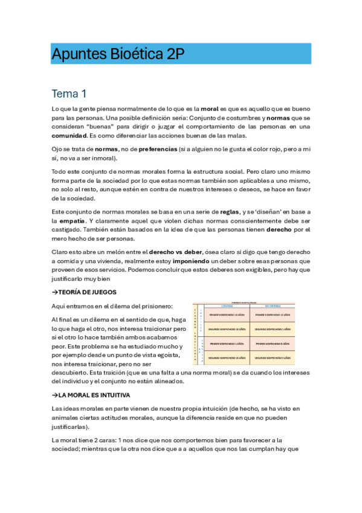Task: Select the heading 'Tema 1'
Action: [69, 94]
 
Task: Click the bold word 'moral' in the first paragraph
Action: [210, 108]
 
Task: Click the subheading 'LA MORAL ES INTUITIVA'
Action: [92, 394]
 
